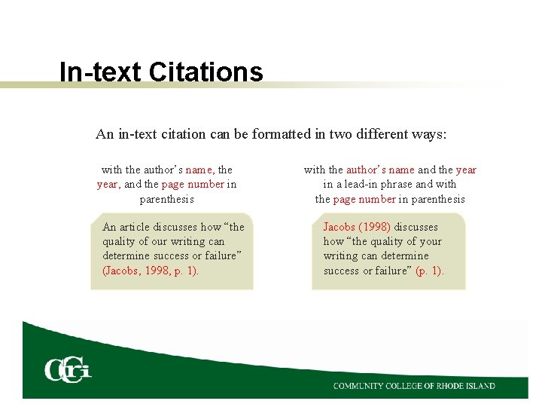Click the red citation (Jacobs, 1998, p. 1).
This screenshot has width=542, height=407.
point(151,270)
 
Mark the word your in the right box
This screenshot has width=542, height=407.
point(430,241)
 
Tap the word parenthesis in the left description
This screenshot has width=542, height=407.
point(166,199)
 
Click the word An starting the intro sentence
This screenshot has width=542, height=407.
point(104,134)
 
